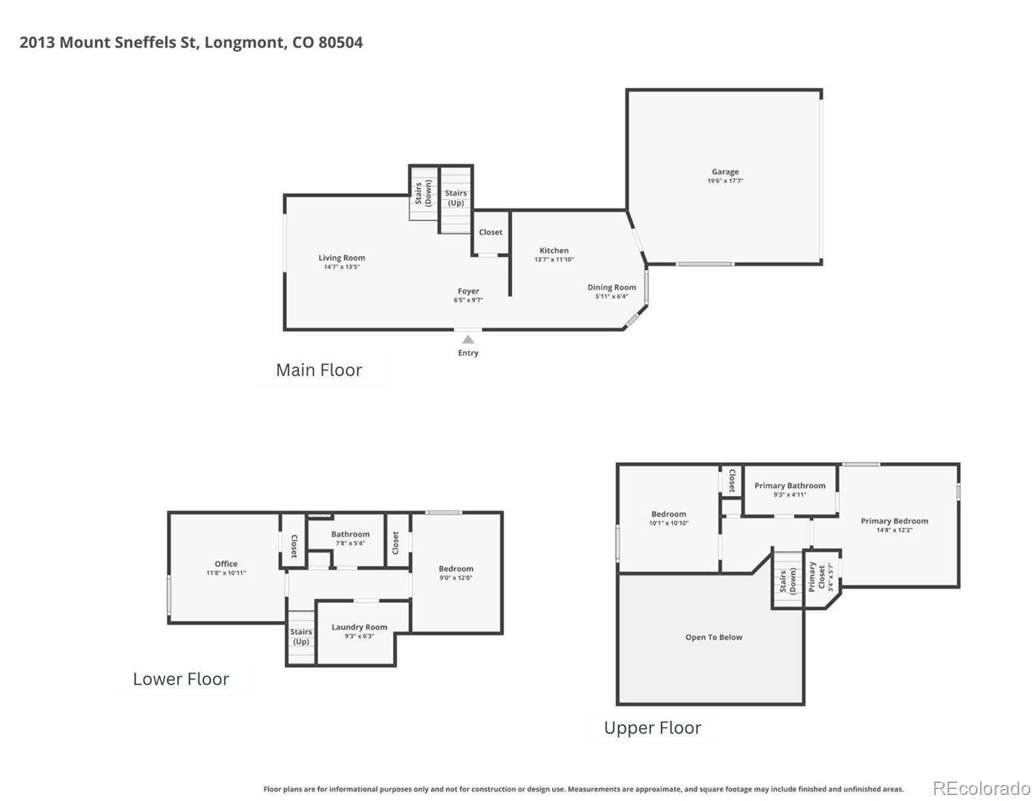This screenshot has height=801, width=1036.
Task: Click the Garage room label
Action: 725,172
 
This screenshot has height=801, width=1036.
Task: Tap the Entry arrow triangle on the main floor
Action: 468,340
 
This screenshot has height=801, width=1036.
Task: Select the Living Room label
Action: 341,258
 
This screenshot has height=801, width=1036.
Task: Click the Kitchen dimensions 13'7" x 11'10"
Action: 554,260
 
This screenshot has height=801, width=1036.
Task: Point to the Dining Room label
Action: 611,287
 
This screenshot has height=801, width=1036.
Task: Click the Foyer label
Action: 468,291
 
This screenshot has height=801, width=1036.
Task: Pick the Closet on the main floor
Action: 491,232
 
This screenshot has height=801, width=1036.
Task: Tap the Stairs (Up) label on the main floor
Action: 456,198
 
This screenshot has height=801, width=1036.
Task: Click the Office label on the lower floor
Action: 226,563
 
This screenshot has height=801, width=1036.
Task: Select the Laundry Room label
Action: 359,627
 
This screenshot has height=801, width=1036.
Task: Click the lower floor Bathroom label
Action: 350,534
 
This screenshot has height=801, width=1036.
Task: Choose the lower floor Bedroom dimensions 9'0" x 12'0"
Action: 456,578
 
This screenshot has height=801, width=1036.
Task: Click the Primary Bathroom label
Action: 790,485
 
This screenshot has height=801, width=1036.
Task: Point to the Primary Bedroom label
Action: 894,521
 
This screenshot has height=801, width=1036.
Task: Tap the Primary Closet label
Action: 816,577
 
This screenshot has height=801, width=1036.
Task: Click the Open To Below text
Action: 714,637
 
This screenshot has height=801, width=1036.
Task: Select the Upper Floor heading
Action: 652,728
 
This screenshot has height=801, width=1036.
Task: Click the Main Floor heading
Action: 318,370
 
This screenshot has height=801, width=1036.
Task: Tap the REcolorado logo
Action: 981,788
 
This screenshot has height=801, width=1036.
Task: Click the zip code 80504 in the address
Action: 340,42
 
